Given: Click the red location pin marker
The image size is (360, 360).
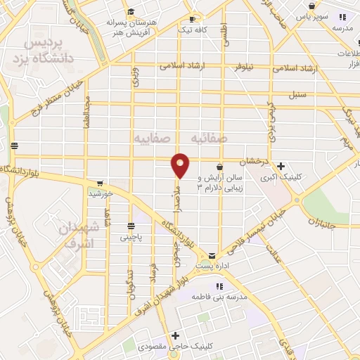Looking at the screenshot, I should tap(181, 165).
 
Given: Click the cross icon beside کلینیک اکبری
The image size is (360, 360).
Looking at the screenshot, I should tap(281, 166).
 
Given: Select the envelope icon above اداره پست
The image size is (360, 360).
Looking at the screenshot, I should tap(212, 255).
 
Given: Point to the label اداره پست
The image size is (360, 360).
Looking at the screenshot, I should tap(212, 266).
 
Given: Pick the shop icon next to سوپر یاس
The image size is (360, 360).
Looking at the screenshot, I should tap(342, 17).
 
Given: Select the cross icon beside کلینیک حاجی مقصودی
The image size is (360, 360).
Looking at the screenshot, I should tap(175, 335).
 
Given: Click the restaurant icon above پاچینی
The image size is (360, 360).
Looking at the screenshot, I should tap(131, 226).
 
